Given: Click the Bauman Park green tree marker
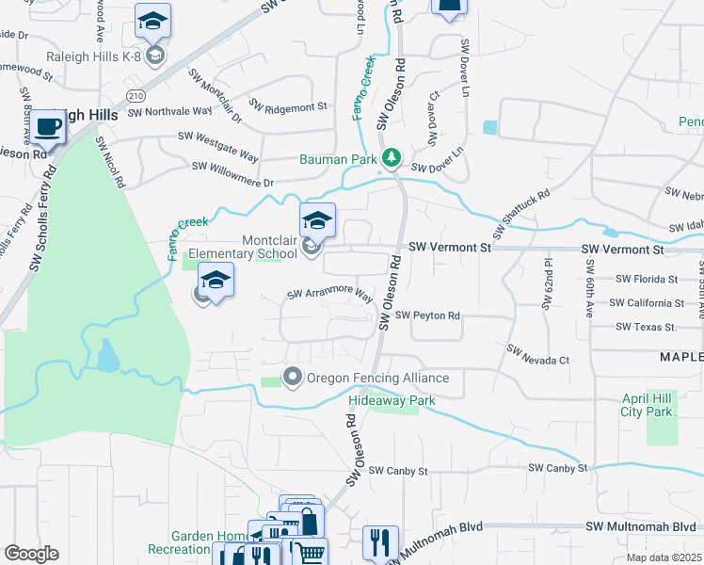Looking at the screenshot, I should (x=392, y=157).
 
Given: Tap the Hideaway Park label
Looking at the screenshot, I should (x=392, y=400).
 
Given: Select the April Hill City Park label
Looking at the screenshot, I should (x=647, y=405).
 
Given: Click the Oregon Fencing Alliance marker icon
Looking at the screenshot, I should (x=292, y=378).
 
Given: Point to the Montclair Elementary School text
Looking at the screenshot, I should (x=243, y=247).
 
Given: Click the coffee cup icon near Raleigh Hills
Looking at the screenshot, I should (x=47, y=126).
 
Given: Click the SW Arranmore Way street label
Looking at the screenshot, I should (x=330, y=295).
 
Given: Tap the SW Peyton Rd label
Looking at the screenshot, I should (x=428, y=315).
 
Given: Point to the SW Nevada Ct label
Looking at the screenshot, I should (x=538, y=354).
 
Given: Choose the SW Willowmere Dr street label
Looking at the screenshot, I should (x=232, y=174).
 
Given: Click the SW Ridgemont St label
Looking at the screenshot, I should (x=288, y=105).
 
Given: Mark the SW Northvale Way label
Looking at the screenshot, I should (x=169, y=111).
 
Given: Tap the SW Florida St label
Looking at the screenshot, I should (x=647, y=280).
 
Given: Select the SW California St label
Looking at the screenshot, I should (x=647, y=303).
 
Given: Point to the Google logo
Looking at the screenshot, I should (x=31, y=554).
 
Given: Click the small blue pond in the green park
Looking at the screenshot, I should (x=108, y=356).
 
